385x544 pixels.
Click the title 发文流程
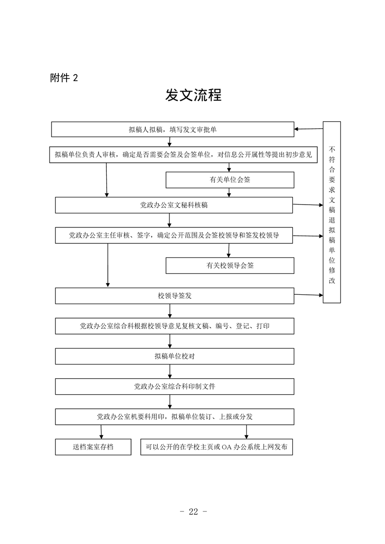[x=193, y=95]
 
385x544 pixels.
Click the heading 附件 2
[x=64, y=78]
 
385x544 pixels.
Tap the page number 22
[x=193, y=512]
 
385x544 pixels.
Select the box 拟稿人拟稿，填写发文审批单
[x=173, y=129]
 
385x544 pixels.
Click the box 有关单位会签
[x=230, y=180]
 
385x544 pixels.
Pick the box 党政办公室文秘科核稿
[x=174, y=205]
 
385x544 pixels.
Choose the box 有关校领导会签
[x=230, y=265]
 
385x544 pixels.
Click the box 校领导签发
[x=174, y=296]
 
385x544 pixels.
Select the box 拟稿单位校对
[x=174, y=356]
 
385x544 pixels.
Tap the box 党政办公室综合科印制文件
[x=174, y=386]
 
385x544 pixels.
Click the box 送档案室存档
[x=93, y=447]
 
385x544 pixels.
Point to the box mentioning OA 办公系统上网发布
[x=217, y=447]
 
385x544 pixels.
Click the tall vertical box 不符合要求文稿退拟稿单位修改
[x=332, y=212]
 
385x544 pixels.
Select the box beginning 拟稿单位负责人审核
[x=184, y=155]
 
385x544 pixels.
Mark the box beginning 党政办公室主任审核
[x=174, y=235]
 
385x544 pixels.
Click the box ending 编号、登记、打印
[x=174, y=326]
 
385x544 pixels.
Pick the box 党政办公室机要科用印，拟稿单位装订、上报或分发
[x=174, y=416]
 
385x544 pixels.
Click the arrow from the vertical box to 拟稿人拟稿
[x=309, y=129]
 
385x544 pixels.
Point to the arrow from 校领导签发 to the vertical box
[x=309, y=295]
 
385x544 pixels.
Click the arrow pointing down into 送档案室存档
[x=101, y=432]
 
